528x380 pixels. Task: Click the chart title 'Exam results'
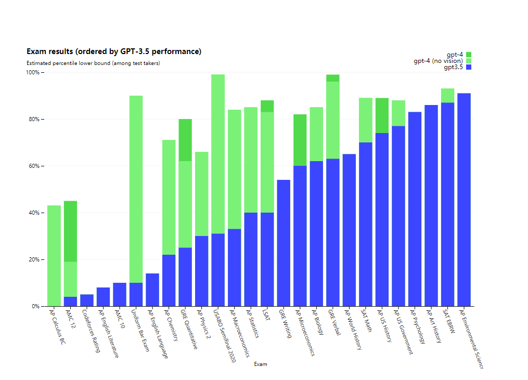click(114, 51)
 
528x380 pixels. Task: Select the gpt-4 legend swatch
click(468, 55)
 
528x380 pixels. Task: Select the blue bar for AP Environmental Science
click(464, 200)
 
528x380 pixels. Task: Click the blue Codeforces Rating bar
click(87, 300)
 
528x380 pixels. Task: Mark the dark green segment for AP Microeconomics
click(300, 140)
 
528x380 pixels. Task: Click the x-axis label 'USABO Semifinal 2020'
click(224, 335)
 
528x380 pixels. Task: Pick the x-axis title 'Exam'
click(261, 364)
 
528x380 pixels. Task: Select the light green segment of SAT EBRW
click(447, 96)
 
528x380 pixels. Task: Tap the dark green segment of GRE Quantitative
click(185, 140)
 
